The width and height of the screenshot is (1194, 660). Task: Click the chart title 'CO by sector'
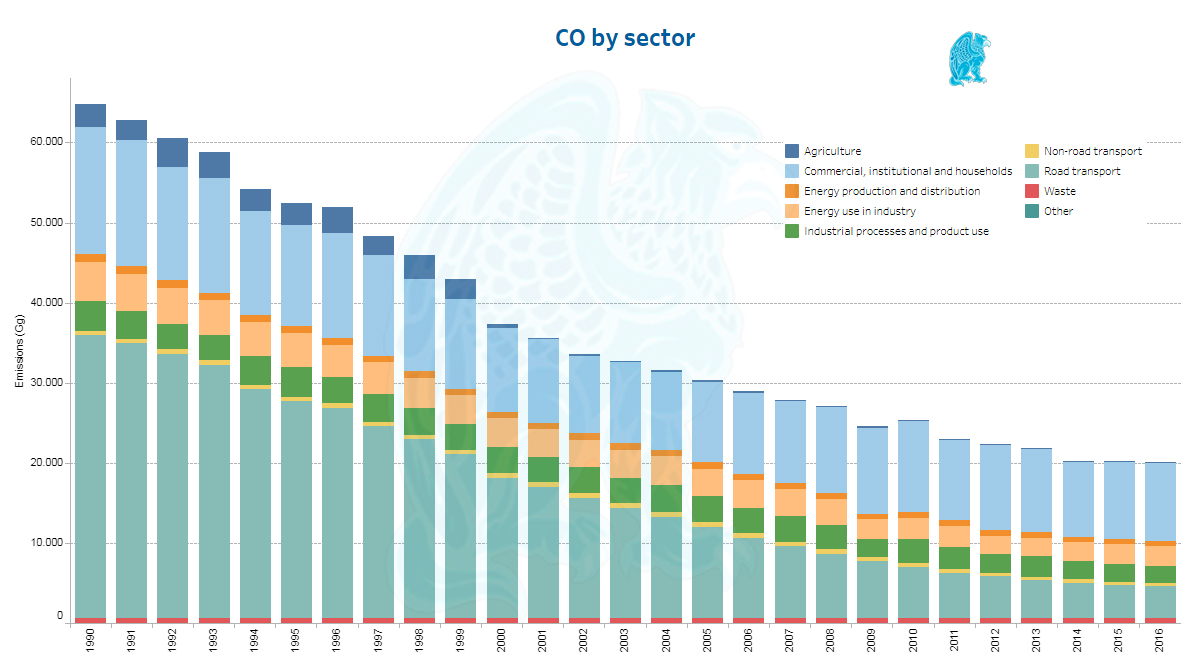pyautogui.click(x=625, y=38)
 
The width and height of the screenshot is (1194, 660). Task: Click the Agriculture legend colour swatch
pyautogui.click(x=792, y=151)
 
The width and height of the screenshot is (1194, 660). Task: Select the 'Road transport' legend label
pyautogui.click(x=1082, y=171)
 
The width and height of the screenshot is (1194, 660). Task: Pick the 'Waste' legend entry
pyautogui.click(x=1059, y=191)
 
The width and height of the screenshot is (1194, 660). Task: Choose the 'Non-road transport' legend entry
pyautogui.click(x=1092, y=151)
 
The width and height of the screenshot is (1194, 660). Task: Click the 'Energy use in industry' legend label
pyautogui.click(x=860, y=211)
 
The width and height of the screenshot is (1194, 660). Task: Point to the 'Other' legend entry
pyautogui.click(x=1058, y=211)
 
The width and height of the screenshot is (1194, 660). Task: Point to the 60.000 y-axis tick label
pyautogui.click(x=45, y=142)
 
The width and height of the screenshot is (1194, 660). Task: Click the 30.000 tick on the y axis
pyautogui.click(x=45, y=383)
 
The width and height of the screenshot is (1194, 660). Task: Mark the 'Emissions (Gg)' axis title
pyautogui.click(x=19, y=351)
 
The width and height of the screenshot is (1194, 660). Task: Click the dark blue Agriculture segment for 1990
pyautogui.click(x=91, y=115)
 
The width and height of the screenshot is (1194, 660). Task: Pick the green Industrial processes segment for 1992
pyautogui.click(x=173, y=336)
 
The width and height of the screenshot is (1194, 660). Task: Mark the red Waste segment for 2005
pyautogui.click(x=708, y=620)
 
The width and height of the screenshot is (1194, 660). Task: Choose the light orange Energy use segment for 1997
pyautogui.click(x=378, y=377)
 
